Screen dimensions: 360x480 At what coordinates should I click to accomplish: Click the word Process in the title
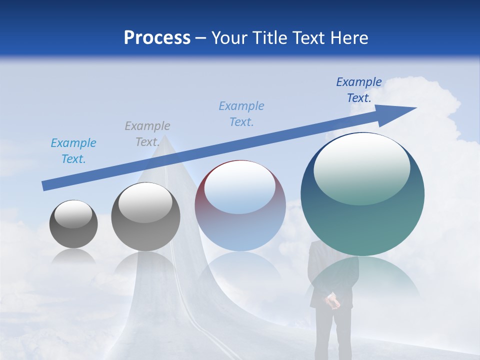tap(157, 38)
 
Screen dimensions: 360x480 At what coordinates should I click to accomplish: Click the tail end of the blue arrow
tap(44, 186)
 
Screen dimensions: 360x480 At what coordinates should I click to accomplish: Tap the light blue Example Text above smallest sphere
tap(73, 151)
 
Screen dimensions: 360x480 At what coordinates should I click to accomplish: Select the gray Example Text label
tap(147, 134)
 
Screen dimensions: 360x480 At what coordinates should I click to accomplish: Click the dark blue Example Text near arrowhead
tap(359, 90)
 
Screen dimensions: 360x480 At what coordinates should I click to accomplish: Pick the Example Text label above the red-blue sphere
tap(241, 114)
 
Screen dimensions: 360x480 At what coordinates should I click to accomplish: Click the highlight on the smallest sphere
tap(73, 214)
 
